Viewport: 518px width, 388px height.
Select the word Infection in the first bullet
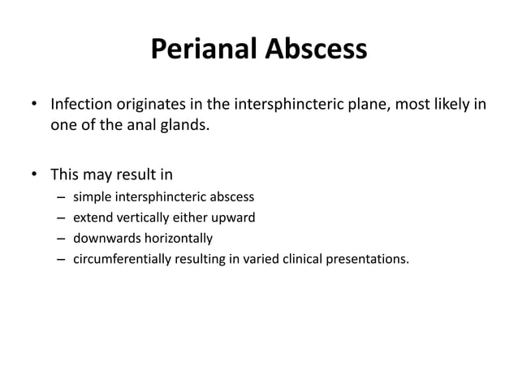click(x=82, y=106)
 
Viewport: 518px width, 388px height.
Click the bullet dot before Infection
click(x=34, y=106)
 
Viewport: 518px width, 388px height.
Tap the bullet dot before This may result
click(x=34, y=174)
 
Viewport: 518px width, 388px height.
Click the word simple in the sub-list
click(x=93, y=197)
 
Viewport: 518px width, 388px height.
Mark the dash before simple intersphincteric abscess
click(x=61, y=197)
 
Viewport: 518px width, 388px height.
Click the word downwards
click(x=105, y=239)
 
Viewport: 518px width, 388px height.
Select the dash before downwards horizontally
click(x=61, y=239)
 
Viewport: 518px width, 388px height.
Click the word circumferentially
click(x=120, y=260)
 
